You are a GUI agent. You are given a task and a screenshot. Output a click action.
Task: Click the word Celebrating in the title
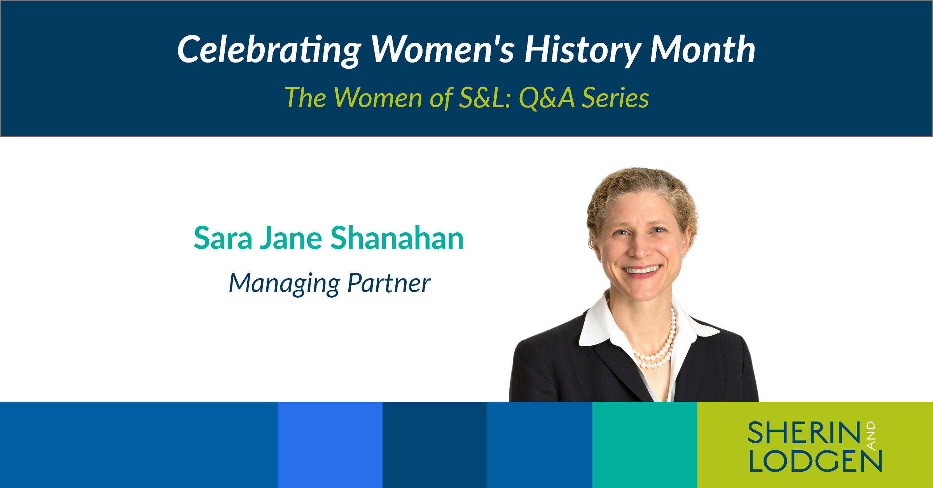(269, 50)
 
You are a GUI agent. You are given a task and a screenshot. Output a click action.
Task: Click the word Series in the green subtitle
(615, 98)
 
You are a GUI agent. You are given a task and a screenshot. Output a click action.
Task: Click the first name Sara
(223, 238)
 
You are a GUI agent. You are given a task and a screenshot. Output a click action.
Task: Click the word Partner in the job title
(389, 283)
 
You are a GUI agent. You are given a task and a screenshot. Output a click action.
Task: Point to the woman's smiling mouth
(641, 269)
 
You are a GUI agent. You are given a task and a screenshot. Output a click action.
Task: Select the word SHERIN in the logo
(804, 433)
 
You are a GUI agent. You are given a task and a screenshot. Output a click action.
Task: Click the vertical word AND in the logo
(871, 435)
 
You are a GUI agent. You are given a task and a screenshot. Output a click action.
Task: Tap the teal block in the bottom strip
(645, 445)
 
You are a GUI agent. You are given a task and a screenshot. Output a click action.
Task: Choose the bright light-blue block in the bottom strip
(330, 445)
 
